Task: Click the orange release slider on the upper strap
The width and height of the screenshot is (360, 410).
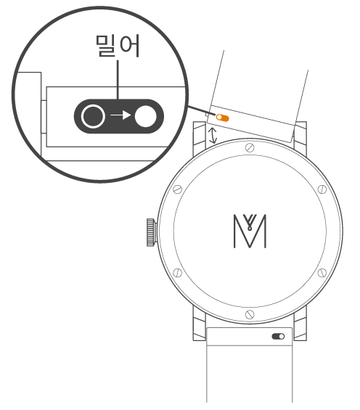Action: (223, 118)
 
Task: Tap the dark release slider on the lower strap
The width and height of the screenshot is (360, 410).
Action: (278, 336)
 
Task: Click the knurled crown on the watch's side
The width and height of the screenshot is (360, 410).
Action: (151, 232)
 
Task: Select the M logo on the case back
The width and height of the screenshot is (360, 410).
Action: (250, 231)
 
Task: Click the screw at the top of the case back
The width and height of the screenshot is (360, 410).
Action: (250, 148)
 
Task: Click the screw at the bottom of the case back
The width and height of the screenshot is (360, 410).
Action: (250, 314)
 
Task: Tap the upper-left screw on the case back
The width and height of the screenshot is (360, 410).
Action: (178, 189)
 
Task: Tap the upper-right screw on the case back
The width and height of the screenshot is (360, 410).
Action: (322, 189)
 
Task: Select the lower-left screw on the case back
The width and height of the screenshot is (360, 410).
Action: (178, 273)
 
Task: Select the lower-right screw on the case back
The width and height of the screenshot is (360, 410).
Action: (322, 273)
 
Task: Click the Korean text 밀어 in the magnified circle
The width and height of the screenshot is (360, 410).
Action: (118, 46)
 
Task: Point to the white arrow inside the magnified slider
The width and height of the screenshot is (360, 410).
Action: (120, 115)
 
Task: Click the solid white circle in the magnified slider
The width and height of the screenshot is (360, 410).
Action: (146, 116)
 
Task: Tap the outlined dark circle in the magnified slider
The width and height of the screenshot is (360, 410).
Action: (93, 116)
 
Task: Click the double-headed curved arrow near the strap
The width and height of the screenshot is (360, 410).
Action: (213, 136)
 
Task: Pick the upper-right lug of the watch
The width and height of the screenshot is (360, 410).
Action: (300, 136)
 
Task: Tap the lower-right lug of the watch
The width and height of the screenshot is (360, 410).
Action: (300, 324)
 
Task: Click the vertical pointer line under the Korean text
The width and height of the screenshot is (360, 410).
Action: (118, 80)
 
